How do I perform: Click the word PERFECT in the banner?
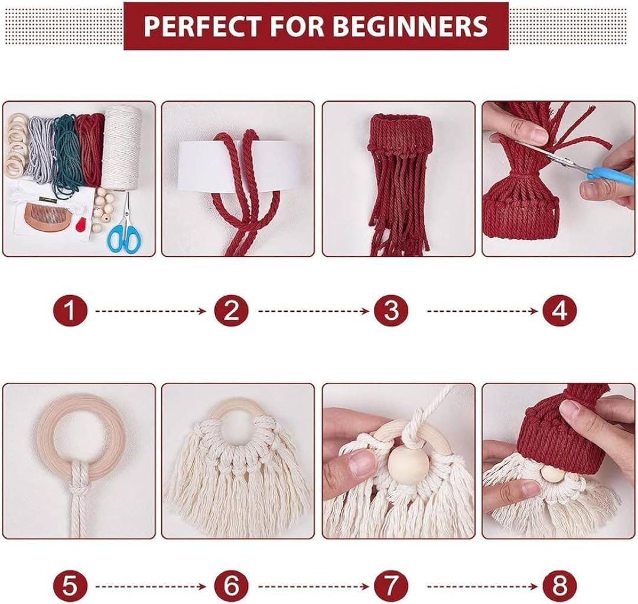pyautogui.click(x=201, y=25)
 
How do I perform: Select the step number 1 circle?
pyautogui.click(x=70, y=311)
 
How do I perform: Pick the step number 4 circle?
pyautogui.click(x=560, y=311)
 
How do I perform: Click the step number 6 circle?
pyautogui.click(x=231, y=587)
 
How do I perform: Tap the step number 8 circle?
pyautogui.click(x=560, y=587)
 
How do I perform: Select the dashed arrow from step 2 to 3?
pyautogui.click(x=314, y=311)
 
